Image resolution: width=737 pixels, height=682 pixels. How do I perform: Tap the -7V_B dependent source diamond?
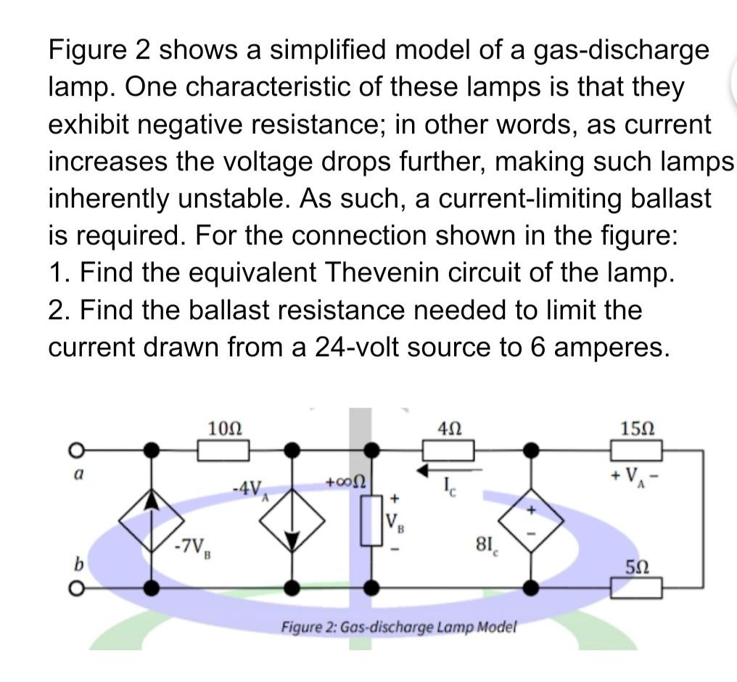point(151,519)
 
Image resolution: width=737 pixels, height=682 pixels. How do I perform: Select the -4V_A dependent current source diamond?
point(292,519)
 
